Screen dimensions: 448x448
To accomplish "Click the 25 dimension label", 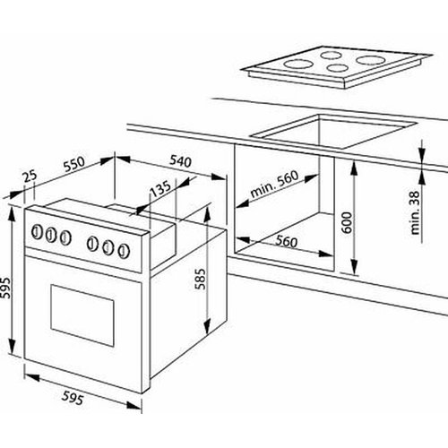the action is click(30, 176).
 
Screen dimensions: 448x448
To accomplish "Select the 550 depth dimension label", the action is click(74, 164).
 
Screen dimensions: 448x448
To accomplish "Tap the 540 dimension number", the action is click(180, 161).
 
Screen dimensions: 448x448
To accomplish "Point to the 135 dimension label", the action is click(160, 189).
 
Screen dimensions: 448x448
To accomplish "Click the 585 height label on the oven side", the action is click(202, 279).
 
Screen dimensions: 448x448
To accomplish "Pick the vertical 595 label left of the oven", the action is click(5, 288).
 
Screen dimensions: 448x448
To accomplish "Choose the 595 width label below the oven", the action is click(73, 398).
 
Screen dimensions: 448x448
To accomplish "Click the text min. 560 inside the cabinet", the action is click(274, 184).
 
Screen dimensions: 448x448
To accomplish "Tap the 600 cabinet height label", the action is click(347, 222).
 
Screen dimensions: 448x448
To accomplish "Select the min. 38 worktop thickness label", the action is click(415, 212).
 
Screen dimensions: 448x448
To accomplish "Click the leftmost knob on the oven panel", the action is click(37, 232).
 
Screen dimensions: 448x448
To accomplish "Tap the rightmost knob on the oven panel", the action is click(124, 251).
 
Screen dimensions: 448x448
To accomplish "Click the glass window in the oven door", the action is click(82, 315).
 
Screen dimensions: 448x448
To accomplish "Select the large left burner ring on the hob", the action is click(298, 64).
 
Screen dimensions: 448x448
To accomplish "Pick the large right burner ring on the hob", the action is click(370, 60).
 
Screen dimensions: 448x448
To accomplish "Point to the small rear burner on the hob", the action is click(331, 55).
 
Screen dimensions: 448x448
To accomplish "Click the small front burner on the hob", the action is click(337, 68).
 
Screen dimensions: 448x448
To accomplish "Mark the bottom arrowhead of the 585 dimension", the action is click(207, 327).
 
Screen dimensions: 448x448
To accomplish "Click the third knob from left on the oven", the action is click(65, 237).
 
